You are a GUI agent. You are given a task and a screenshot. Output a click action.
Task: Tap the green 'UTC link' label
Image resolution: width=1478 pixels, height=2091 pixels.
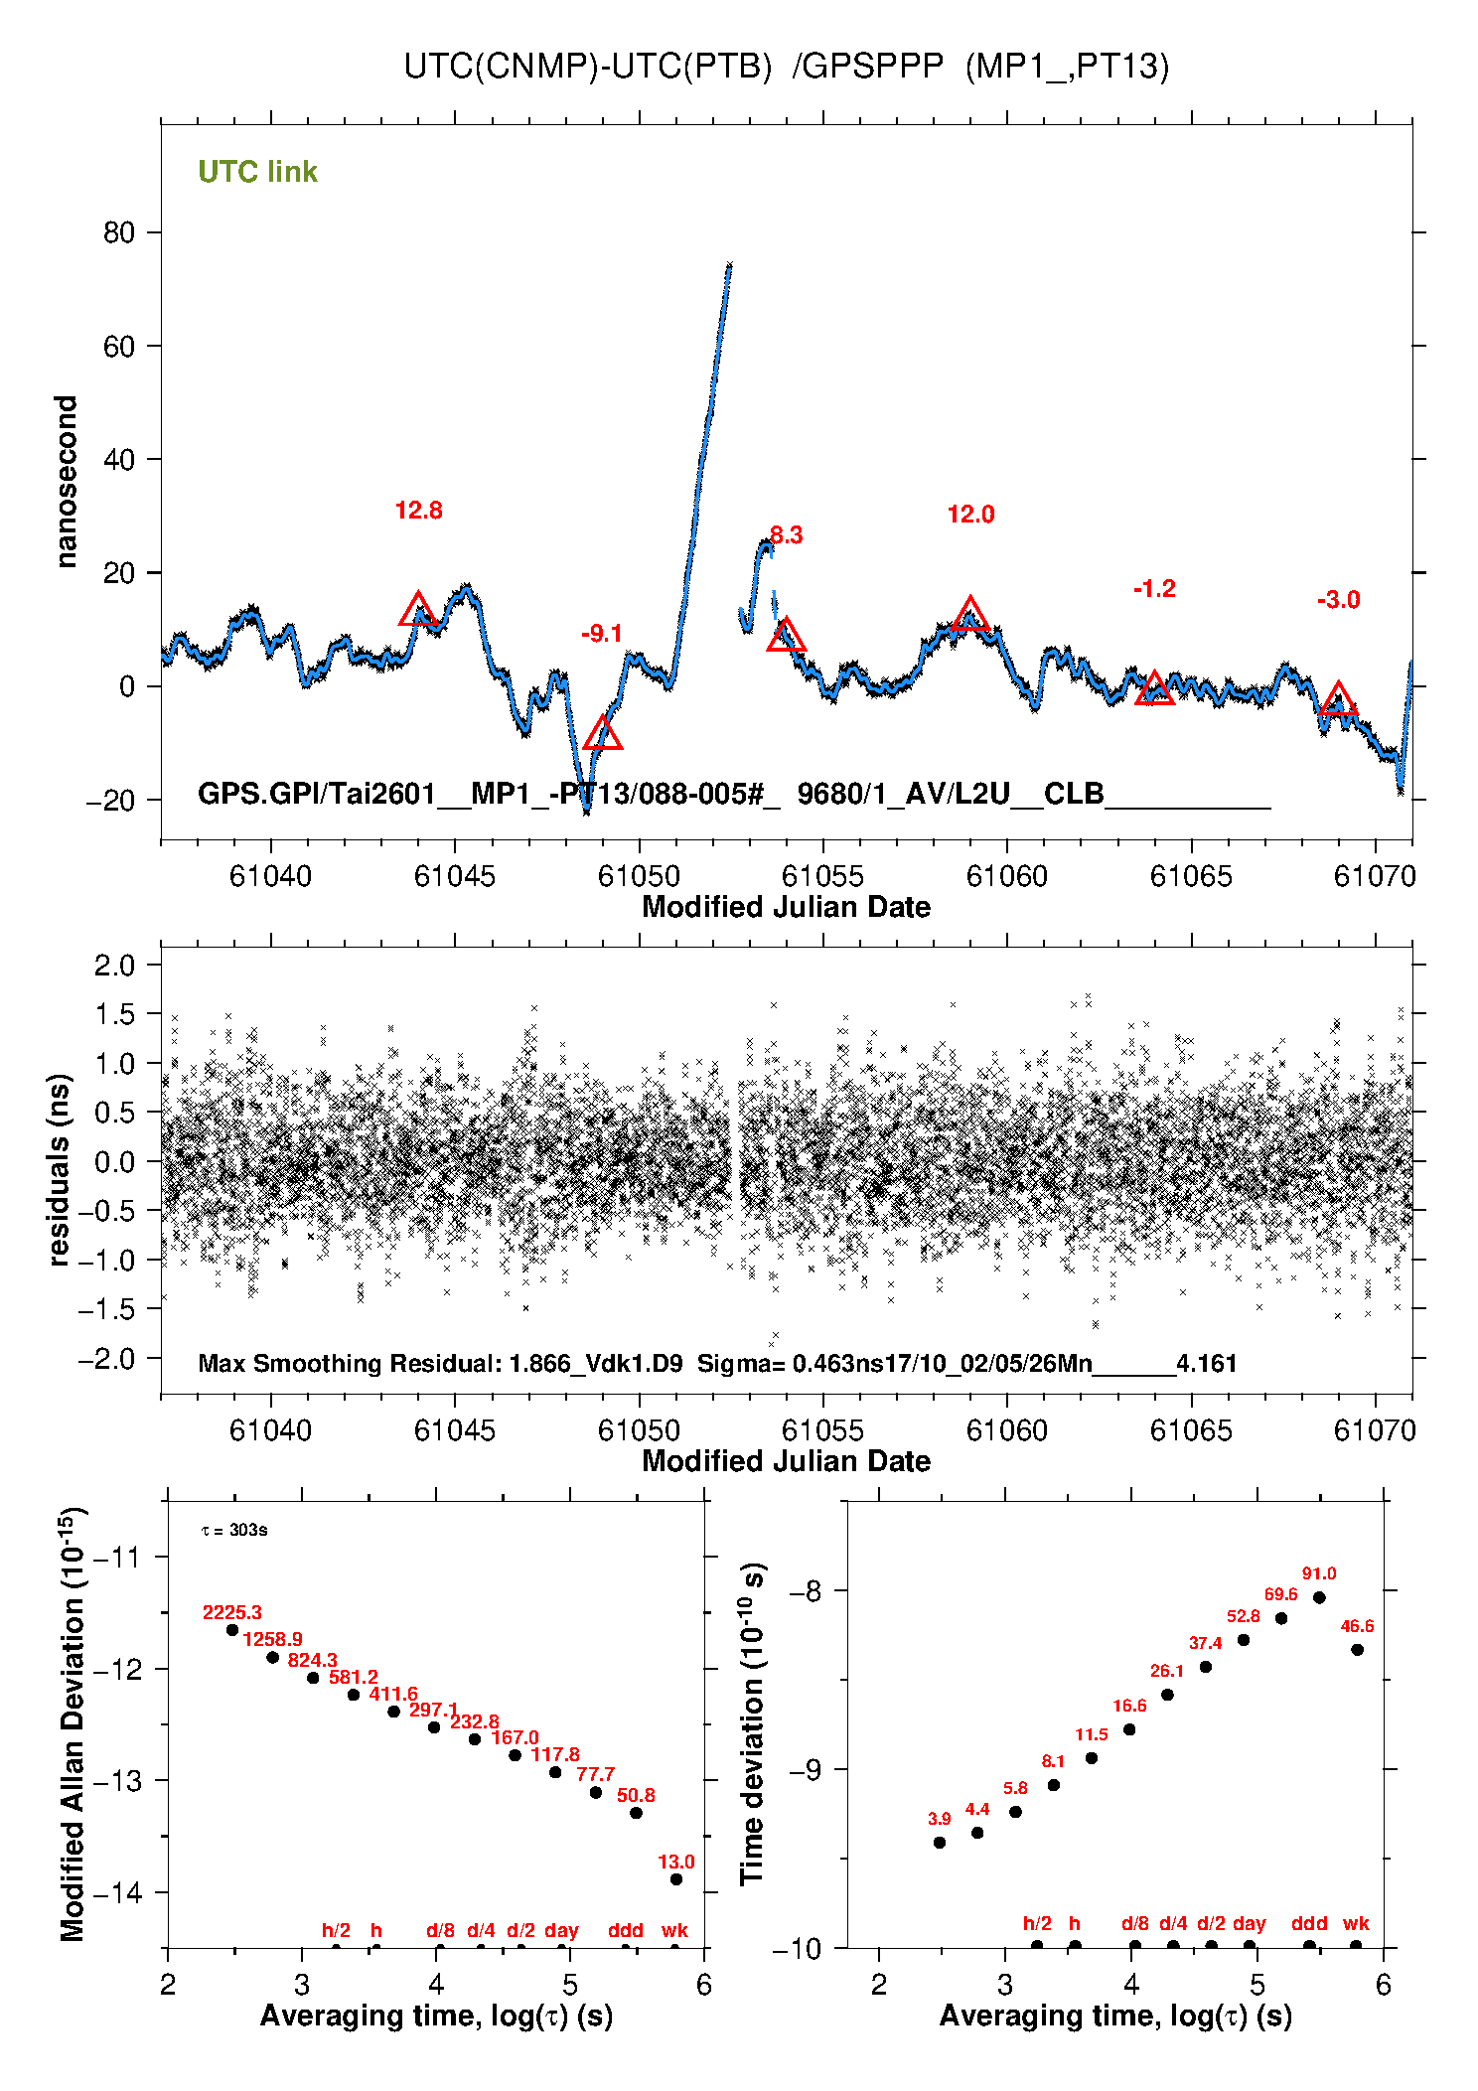pos(257,172)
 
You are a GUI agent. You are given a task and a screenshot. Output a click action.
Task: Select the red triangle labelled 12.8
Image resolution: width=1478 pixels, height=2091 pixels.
pos(418,610)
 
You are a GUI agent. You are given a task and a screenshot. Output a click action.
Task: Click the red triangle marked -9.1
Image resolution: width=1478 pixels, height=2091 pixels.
pos(602,734)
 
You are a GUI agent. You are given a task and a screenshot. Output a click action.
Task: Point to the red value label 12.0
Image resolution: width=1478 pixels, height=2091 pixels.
pos(970,515)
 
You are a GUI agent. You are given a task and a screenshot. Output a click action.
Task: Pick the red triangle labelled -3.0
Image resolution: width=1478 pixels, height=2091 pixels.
pos(1338,699)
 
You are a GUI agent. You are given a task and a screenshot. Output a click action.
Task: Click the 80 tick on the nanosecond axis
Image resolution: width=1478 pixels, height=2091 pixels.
pos(119,232)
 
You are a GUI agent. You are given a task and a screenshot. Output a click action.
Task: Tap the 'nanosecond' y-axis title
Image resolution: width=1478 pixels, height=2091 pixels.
pos(66,482)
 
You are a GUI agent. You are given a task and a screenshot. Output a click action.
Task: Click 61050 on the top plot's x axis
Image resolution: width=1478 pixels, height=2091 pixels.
pos(639,876)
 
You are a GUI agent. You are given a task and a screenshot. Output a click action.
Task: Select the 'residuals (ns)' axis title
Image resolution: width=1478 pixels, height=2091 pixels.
pos(60,1169)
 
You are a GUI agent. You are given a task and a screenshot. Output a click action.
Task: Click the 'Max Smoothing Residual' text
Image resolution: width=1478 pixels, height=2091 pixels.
pos(350,1363)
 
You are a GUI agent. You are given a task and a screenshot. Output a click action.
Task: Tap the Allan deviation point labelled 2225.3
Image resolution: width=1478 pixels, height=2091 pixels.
pos(232,1630)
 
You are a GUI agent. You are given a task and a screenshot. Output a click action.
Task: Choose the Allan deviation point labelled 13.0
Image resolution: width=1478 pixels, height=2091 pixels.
pos(676,1879)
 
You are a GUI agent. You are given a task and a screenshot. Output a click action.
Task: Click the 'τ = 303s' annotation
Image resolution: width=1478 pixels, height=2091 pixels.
pos(234,1530)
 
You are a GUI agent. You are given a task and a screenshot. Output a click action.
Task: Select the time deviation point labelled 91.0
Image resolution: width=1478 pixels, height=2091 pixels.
pos(1319,1598)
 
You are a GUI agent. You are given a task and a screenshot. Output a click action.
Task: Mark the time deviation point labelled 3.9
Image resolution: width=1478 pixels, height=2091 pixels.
pos(940,1843)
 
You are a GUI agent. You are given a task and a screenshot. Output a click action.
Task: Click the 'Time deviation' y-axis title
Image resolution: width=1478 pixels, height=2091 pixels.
pos(753,1724)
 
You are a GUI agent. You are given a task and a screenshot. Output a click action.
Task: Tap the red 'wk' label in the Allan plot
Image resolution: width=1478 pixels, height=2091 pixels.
pos(674,1931)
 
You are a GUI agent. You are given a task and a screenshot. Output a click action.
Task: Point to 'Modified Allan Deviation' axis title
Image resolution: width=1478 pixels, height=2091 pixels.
pos(72,1724)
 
